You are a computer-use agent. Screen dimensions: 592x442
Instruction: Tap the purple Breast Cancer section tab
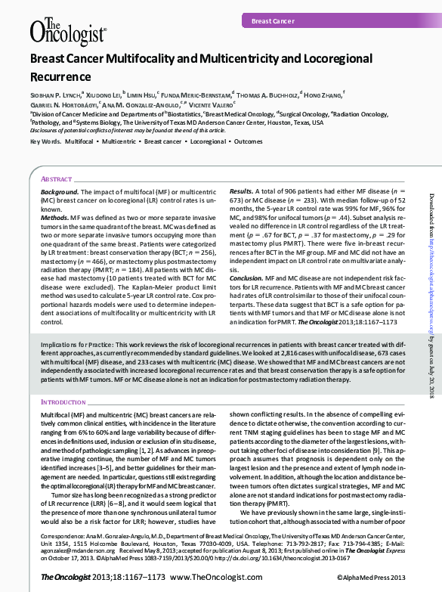point(273,22)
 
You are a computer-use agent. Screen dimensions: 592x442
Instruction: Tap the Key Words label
point(45,142)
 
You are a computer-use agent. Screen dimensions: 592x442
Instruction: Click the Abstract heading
point(57,178)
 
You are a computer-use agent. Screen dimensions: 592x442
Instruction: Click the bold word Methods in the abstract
point(54,215)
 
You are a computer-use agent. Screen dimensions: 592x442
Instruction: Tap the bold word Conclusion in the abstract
point(246,278)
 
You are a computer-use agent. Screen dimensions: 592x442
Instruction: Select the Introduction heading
point(63,402)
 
